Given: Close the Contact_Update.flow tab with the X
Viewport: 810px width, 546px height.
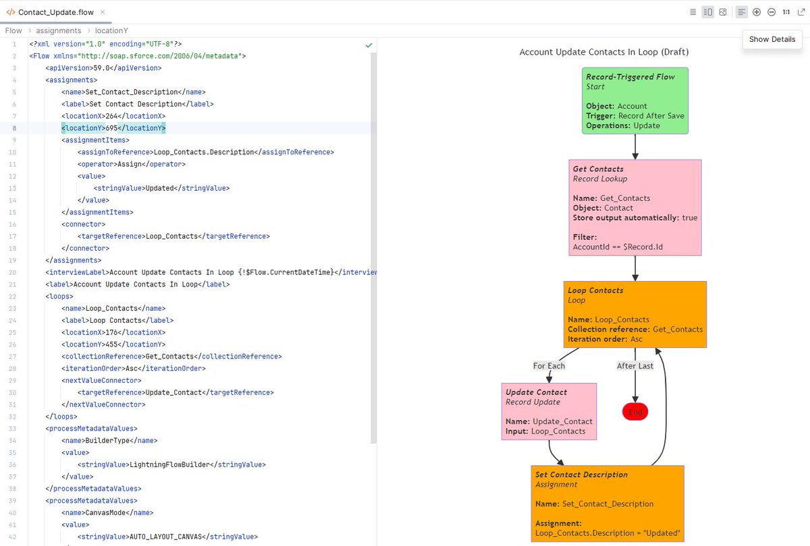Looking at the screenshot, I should (101, 12).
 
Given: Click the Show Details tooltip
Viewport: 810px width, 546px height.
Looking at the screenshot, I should (772, 39).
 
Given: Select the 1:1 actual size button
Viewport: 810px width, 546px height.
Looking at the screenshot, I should (786, 12).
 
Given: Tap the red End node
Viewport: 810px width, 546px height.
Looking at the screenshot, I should (635, 412).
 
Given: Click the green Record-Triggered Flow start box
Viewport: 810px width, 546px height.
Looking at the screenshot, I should (635, 100).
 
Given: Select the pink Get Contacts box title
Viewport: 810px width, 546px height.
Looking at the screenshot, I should (598, 169).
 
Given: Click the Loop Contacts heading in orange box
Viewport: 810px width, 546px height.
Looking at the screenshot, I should (595, 291).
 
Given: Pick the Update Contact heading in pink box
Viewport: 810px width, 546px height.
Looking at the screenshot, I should (536, 392).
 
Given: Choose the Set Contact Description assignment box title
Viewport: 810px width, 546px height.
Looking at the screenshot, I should (581, 475).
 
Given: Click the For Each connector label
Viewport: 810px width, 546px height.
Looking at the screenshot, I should (549, 366).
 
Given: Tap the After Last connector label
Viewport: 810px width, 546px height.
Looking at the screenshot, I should (634, 366).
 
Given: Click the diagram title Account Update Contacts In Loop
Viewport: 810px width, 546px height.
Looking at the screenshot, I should (603, 52).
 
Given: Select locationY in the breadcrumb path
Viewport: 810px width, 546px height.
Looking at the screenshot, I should (111, 30).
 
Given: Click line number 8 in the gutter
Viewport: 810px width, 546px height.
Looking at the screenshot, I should (14, 128).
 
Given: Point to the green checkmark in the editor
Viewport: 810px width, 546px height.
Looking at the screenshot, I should (369, 45).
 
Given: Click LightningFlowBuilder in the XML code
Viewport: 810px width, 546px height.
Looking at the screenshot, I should (169, 464).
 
